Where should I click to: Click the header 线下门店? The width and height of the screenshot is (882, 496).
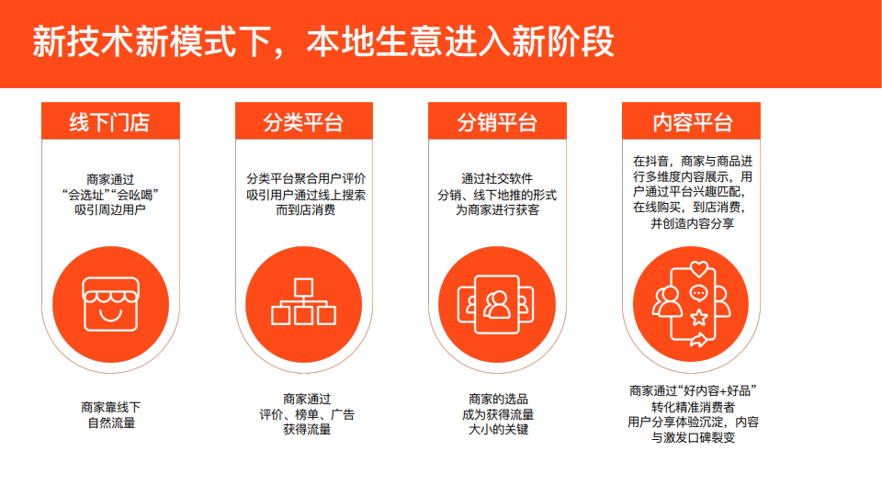tap(109, 122)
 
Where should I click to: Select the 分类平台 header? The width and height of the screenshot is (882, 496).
tap(303, 122)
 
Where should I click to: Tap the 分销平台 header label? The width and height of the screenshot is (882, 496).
tap(497, 122)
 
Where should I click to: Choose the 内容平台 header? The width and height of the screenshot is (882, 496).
tap(692, 122)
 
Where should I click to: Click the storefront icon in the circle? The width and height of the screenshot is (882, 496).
tap(111, 304)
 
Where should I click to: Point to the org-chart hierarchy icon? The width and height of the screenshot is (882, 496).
tap(304, 301)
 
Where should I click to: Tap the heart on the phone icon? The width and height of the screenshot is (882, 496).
tap(699, 269)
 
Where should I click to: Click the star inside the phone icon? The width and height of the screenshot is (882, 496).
tap(698, 318)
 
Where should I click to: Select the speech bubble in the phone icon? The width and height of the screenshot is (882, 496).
tap(698, 294)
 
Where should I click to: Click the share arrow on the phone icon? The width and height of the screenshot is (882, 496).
tap(698, 340)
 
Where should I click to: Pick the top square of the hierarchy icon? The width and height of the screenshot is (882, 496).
tap(304, 287)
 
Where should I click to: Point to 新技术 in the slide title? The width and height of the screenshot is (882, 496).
tap(84, 41)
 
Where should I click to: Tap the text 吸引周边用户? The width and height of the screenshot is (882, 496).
tap(110, 209)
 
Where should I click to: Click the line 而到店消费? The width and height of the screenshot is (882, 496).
tap(305, 209)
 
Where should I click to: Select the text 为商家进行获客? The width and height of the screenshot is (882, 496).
tap(497, 209)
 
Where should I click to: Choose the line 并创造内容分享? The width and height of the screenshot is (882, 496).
tap(693, 223)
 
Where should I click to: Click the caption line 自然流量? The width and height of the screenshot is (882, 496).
tap(111, 423)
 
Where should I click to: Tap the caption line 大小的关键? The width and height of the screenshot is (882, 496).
tap(498, 430)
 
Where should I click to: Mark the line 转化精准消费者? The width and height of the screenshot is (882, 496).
tap(693, 407)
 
